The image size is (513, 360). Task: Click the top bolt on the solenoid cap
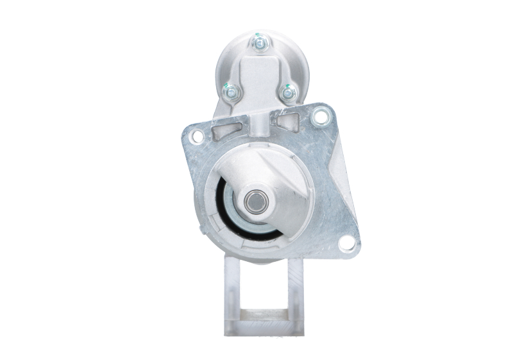tap(260, 44)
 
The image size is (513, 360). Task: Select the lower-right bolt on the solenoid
tap(288, 94)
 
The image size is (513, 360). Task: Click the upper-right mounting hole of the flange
tap(319, 117)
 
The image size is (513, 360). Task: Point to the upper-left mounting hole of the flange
tap(198, 136)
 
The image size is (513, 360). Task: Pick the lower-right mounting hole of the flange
tap(346, 243)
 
